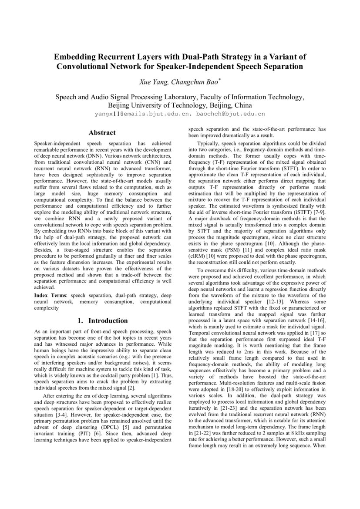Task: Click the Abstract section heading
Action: pos(102,133)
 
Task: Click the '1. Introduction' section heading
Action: pos(102,321)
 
